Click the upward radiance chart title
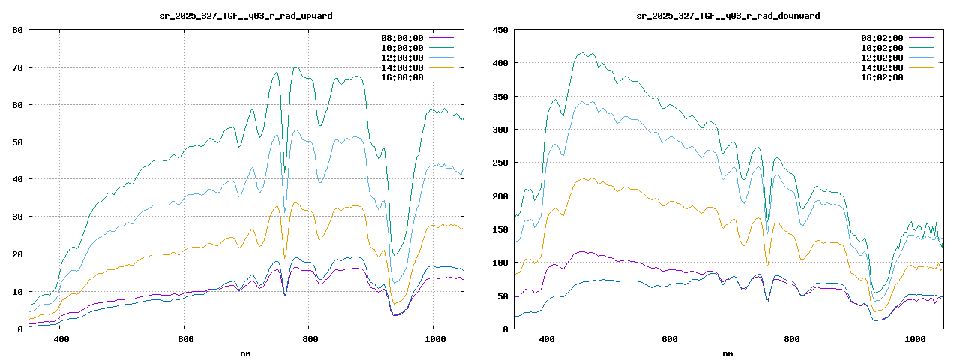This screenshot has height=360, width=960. (x=247, y=15)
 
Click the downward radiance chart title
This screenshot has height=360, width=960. (x=727, y=15)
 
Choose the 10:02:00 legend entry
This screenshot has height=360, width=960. (x=882, y=48)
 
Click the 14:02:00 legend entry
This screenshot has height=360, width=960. (x=882, y=67)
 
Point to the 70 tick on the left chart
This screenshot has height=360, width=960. (x=16, y=67)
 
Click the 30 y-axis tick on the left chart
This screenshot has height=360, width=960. (x=16, y=217)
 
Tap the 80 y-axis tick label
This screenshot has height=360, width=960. (x=16, y=30)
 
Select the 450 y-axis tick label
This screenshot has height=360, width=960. (x=499, y=30)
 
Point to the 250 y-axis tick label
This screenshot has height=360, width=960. (x=499, y=163)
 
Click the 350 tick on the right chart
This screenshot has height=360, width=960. (x=499, y=97)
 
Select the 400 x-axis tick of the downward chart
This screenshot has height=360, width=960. (x=546, y=339)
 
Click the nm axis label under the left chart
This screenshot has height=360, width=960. (x=246, y=352)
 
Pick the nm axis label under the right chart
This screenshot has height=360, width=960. (x=727, y=352)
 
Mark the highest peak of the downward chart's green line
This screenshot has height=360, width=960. (x=581, y=52)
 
